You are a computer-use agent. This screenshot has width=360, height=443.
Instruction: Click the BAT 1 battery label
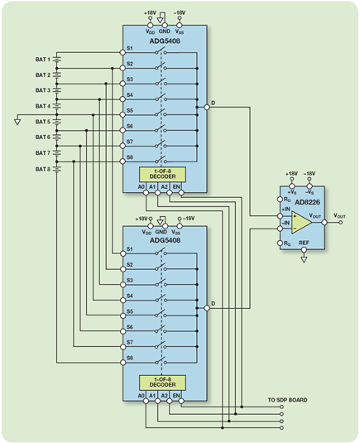coord(43,60)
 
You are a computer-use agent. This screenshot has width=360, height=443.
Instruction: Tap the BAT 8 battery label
coord(43,169)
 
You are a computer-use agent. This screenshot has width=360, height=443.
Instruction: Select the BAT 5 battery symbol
coord(57,122)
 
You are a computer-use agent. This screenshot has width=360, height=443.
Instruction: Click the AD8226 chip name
coord(307,202)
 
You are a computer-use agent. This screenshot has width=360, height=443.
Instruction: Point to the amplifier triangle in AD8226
coord(301,223)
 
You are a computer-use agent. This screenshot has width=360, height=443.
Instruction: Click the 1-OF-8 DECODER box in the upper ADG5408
coord(162,175)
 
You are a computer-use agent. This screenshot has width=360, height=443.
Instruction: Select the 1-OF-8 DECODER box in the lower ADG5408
coord(162,383)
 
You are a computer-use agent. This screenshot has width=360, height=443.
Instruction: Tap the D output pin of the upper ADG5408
coord(207,108)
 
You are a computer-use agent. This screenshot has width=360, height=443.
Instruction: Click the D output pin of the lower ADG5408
coord(207,308)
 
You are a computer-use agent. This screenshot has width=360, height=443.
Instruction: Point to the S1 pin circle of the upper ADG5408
coord(122,52)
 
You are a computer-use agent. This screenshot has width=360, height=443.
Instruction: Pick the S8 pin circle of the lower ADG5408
coord(122,363)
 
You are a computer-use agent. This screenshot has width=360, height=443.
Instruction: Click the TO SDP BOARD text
coord(287,400)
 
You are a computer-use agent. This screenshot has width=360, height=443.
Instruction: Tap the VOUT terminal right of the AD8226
coord(340,223)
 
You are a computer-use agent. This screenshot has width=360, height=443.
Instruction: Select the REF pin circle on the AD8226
coord(304,250)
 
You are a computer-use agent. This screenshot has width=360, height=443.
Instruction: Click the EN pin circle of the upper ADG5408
coord(181,193)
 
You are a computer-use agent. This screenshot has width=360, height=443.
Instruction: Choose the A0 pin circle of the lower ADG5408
coord(146,401)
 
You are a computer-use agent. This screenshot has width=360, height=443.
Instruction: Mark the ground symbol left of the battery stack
coord(17,122)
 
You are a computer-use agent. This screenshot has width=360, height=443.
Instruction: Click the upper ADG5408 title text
coord(165,41)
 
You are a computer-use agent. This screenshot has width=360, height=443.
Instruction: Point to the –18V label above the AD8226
coord(310,173)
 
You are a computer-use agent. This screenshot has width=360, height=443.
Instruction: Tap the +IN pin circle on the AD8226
coord(280,216)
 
